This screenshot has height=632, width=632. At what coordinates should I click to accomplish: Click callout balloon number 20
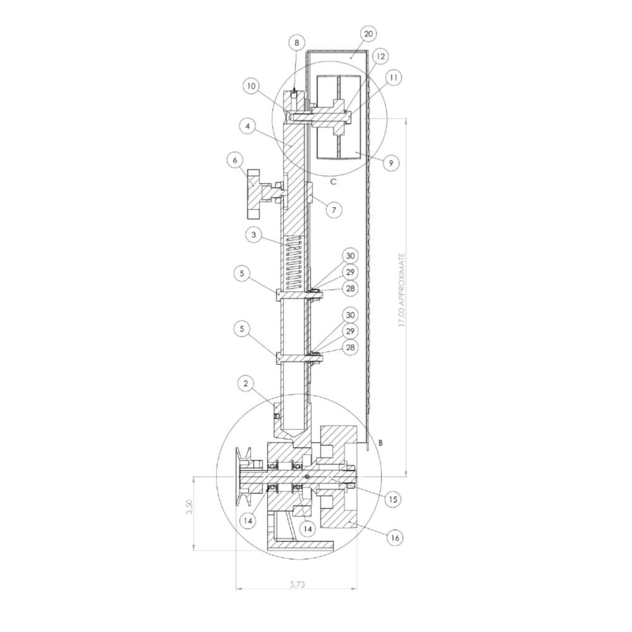tap(368, 34)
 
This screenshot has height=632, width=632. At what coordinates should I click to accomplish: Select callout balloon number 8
tap(296, 43)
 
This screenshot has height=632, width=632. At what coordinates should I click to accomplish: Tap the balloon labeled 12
tap(380, 56)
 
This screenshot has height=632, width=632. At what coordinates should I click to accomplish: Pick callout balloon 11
tap(394, 77)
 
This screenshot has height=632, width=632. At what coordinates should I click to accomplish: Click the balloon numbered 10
tap(252, 86)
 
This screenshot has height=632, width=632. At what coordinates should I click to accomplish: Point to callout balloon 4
tap(248, 126)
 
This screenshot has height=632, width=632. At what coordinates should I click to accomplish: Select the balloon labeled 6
tap(235, 160)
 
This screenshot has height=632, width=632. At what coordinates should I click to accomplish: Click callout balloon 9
tap(390, 163)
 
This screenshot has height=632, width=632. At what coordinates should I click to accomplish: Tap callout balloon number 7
tap(334, 210)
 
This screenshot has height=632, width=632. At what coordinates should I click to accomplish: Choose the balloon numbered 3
tap(253, 234)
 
